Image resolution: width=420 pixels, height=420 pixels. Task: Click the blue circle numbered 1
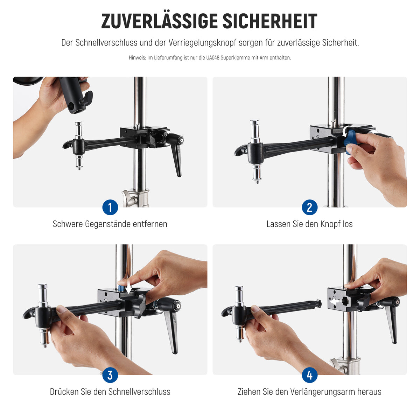pyautogui.click(x=110, y=207)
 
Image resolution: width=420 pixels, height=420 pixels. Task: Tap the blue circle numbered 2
pyautogui.click(x=309, y=207)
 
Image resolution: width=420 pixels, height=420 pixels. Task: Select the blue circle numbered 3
pyautogui.click(x=110, y=375)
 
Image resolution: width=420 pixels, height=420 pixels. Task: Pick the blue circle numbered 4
pyautogui.click(x=309, y=375)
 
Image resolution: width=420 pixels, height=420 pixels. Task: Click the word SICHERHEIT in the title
pyautogui.click(x=270, y=21)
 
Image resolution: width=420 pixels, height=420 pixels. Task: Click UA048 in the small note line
pyautogui.click(x=212, y=58)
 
